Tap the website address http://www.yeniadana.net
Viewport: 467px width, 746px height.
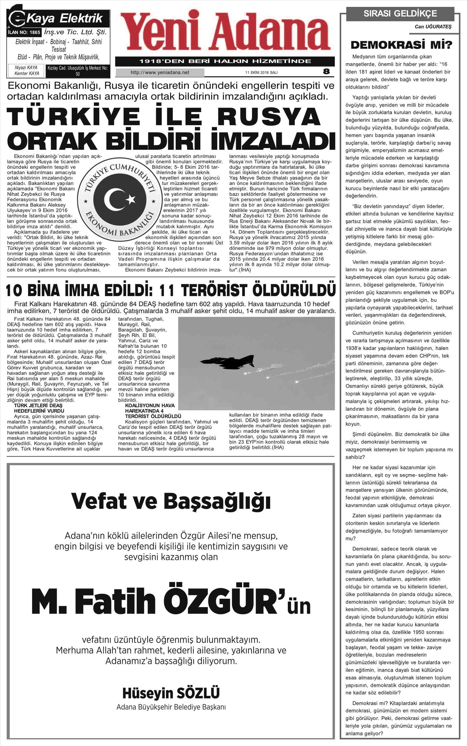tap(160, 73)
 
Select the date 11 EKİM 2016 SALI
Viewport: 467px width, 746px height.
tap(261, 73)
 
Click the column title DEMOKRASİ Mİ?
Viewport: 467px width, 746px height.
tap(401, 45)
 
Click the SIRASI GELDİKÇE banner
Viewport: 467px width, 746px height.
tap(400, 14)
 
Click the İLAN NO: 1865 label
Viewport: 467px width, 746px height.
tap(24, 32)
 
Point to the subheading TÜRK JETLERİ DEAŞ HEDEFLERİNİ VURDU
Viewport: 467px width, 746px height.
tap(38, 408)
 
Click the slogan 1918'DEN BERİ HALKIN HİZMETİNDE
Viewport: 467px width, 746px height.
tap(225, 61)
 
